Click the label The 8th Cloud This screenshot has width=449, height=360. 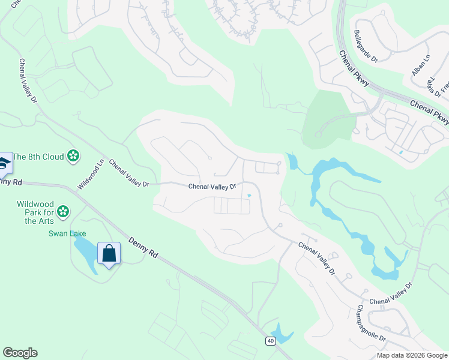(x=38, y=157)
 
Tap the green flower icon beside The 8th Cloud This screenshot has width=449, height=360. (x=73, y=157)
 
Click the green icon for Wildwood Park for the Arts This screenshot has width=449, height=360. (x=63, y=212)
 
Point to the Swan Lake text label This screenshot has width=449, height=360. (x=67, y=233)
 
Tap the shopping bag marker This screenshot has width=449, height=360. (x=109, y=254)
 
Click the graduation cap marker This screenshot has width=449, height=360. (x=4, y=163)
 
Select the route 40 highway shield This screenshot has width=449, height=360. (x=271, y=340)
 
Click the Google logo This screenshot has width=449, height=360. (x=20, y=352)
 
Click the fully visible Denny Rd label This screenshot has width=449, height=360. (x=143, y=248)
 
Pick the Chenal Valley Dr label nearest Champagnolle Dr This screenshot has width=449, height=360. (x=391, y=293)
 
